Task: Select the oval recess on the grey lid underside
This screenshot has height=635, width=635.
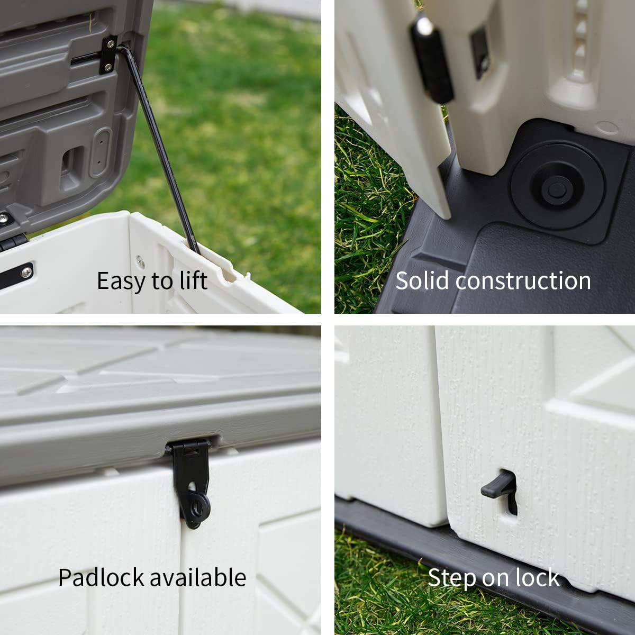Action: [x=100, y=153]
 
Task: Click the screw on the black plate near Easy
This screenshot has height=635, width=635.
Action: [x=25, y=272]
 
